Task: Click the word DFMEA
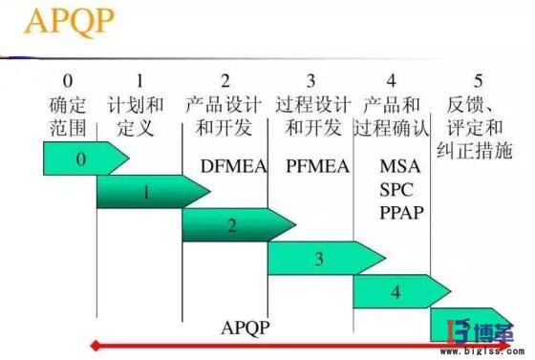226,165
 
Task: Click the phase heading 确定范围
67,114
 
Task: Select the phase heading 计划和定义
139,114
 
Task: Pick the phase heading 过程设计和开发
310,114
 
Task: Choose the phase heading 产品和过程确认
393,114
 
